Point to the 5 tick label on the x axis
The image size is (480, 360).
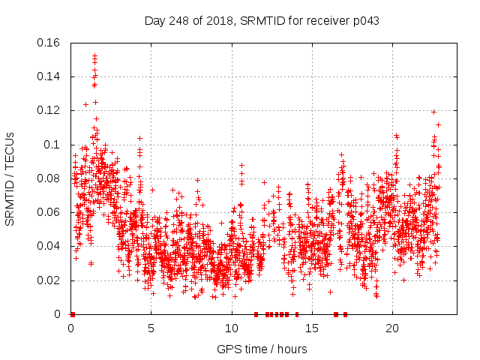click(x=151, y=328)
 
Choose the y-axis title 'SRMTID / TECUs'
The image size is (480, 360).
click(x=10, y=178)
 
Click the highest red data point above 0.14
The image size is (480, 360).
click(x=94, y=55)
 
